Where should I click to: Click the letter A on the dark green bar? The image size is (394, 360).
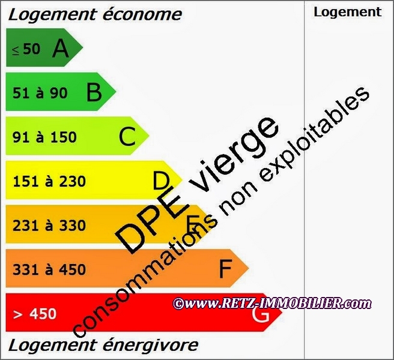coord(61,49)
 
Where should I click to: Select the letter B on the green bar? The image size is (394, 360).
coord(94,93)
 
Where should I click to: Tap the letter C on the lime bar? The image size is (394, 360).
coord(127,137)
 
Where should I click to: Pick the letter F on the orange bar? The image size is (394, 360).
coord(225,269)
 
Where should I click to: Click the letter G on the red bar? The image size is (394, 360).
coord(260,313)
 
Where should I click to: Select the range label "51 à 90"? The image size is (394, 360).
coord(40,94)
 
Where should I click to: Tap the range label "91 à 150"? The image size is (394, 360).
coord(45,137)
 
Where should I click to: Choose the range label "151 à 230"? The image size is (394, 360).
coord(49,181)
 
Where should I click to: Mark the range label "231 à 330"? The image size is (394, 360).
coord(49,226)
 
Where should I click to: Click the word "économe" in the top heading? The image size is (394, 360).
coord(143,14)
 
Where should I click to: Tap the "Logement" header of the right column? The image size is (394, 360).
coord(347,11)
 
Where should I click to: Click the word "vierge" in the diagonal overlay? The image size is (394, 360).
coord(236,155)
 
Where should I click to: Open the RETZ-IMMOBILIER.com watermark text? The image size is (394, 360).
coord(273,304)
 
